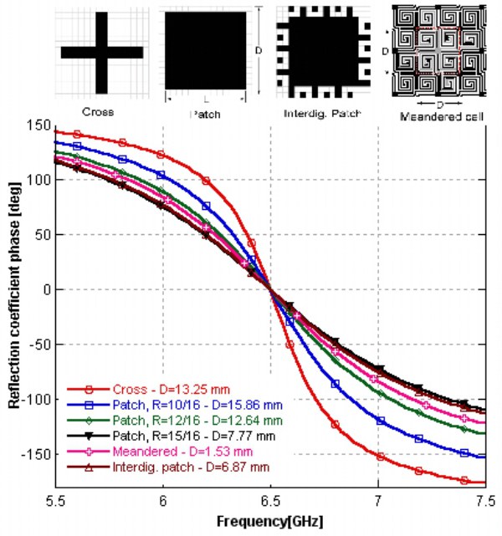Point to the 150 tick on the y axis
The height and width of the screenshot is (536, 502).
pyautogui.click(x=38, y=125)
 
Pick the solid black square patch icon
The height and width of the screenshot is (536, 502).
pyautogui.click(x=205, y=51)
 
